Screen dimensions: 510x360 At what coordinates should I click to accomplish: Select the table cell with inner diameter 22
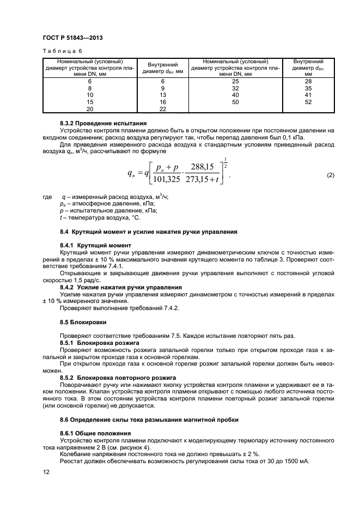[162, 109]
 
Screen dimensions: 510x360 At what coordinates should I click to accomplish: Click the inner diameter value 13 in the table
[162, 95]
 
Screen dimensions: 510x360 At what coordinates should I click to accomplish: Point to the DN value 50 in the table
[235, 102]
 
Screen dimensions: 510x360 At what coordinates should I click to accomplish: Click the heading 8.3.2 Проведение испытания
[97, 124]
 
